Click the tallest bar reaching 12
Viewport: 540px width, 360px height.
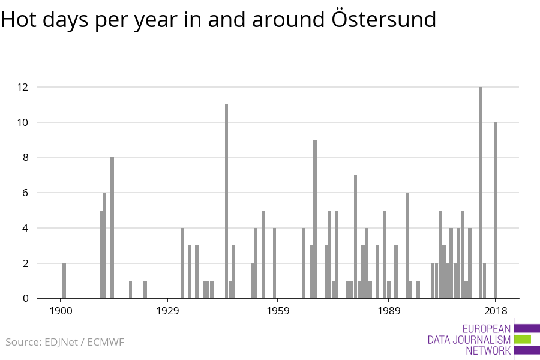coord(481,192)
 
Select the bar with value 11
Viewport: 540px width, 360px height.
coord(226,201)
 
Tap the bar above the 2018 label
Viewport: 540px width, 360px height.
coord(496,210)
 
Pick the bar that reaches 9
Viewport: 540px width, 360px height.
coord(315,219)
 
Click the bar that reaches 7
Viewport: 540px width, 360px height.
coord(355,236)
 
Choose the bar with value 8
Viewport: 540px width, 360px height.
coord(112,228)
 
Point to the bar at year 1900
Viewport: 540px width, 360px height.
coord(64,280)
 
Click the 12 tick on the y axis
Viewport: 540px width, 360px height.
coord(22,87)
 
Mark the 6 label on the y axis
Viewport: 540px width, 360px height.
coord(25,193)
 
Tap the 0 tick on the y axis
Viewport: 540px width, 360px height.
coord(25,298)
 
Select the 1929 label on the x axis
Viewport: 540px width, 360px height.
coord(167,311)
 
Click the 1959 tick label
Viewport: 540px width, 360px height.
coord(278,311)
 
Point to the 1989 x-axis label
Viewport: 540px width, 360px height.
coord(389,311)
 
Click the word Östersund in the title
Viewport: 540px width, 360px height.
coord(384,19)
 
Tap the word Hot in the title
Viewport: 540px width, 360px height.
coord(19,19)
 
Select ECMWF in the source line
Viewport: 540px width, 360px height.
coord(106,342)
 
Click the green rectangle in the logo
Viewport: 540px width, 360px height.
coord(522,340)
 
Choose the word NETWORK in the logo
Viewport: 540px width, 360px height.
coord(488,350)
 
